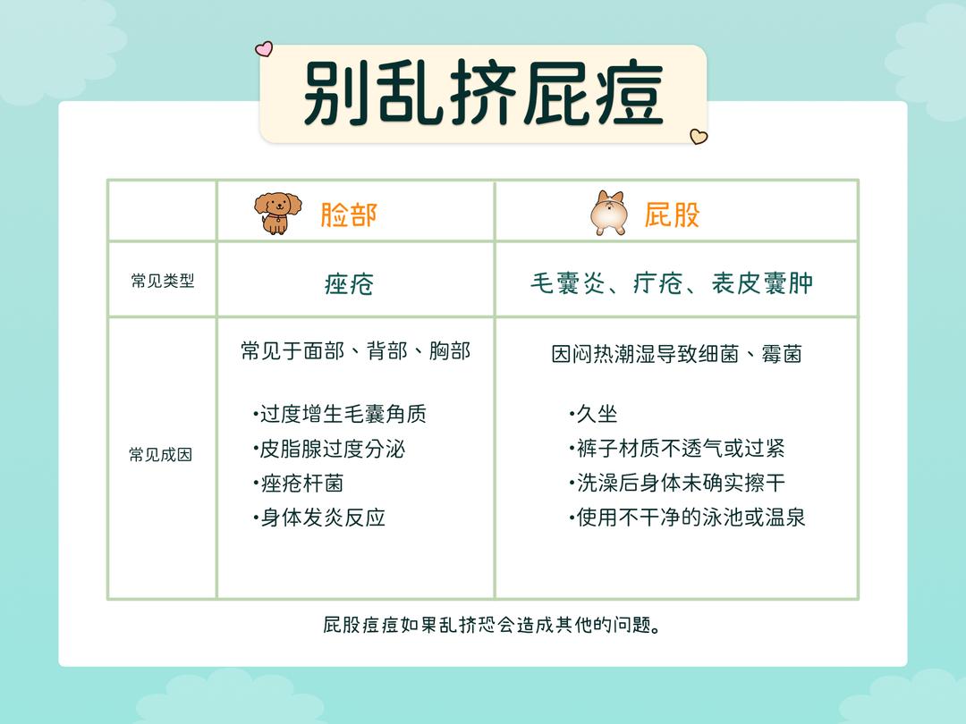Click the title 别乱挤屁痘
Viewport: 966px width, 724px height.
pyautogui.click(x=483, y=94)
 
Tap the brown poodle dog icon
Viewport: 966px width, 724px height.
pyautogui.click(x=274, y=214)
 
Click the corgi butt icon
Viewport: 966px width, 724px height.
pyautogui.click(x=607, y=214)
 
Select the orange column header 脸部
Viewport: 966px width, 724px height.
pyautogui.click(x=349, y=215)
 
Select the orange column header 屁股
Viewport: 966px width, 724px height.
pyautogui.click(x=672, y=215)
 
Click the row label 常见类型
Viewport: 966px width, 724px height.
pyautogui.click(x=162, y=281)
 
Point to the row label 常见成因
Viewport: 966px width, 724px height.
pyautogui.click(x=161, y=454)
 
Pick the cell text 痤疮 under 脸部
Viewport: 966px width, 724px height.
pyautogui.click(x=349, y=283)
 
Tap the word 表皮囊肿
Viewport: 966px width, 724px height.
pyautogui.click(x=762, y=283)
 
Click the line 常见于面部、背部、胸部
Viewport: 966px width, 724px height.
pyautogui.click(x=355, y=350)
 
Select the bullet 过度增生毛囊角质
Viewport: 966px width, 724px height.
pyautogui.click(x=342, y=414)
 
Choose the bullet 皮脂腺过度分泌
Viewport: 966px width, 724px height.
pyautogui.click(x=331, y=449)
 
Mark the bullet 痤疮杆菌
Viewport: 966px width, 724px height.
pyautogui.click(x=301, y=484)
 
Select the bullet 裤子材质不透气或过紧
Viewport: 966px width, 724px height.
pyautogui.click(x=679, y=449)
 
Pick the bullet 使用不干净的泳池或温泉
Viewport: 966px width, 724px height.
pyautogui.click(x=690, y=518)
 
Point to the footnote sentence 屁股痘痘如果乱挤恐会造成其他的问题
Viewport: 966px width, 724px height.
pyautogui.click(x=492, y=625)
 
